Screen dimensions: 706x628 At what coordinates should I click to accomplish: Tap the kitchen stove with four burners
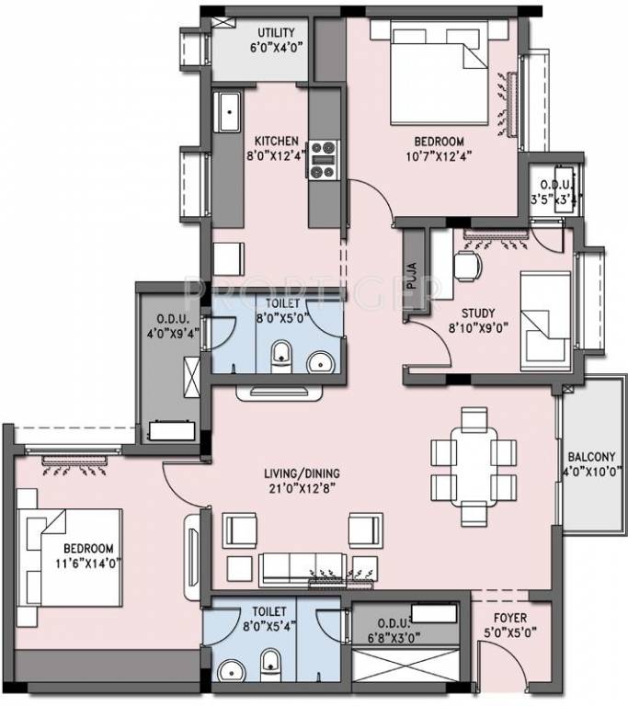322,159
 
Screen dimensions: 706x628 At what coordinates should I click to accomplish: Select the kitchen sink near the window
226,113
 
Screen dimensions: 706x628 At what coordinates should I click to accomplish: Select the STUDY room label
479,310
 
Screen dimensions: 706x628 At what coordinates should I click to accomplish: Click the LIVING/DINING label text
293,473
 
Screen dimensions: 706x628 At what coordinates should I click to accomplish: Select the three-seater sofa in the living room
316,567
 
